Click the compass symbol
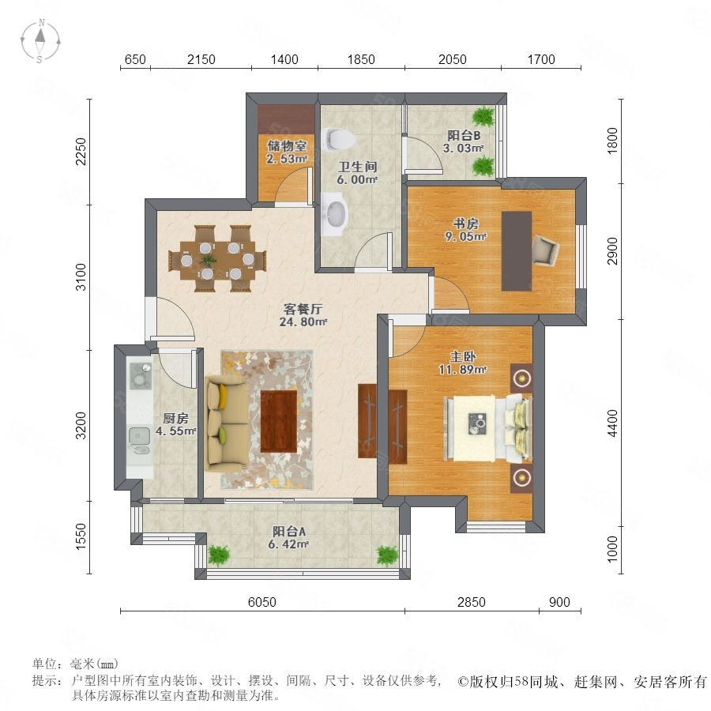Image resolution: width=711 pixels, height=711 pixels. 40,41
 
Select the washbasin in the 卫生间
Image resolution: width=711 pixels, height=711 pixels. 336,213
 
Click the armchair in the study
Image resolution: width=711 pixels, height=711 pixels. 545,250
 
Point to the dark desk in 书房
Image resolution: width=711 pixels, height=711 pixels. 517,251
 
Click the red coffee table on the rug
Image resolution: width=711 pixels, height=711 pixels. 279,421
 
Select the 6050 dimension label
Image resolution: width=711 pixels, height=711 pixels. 262,602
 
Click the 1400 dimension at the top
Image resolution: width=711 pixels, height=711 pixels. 284,59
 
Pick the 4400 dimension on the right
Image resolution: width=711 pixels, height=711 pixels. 612,423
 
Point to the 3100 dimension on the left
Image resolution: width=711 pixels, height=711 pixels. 81,276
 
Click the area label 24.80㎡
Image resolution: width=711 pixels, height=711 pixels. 303,322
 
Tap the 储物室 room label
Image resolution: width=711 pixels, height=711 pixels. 287,145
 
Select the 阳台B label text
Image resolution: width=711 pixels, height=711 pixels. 464,135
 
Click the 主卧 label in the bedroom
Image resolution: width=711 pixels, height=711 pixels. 462,356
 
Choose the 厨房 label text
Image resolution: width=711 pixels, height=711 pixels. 175,418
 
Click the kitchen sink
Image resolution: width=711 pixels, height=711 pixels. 139,436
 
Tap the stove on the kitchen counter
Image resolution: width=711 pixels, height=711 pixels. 141,375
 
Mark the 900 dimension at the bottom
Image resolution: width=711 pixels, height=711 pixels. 559,602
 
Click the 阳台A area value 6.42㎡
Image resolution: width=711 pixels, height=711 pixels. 289,544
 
